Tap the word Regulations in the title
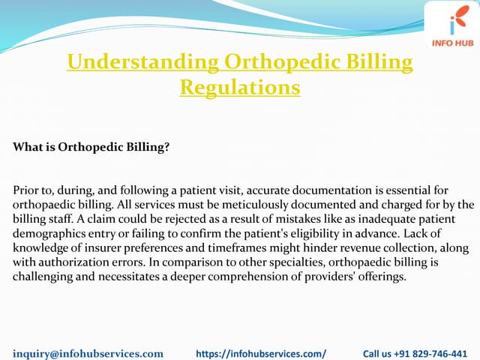240,87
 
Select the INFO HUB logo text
452,43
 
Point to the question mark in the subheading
166,147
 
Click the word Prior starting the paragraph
27,190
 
